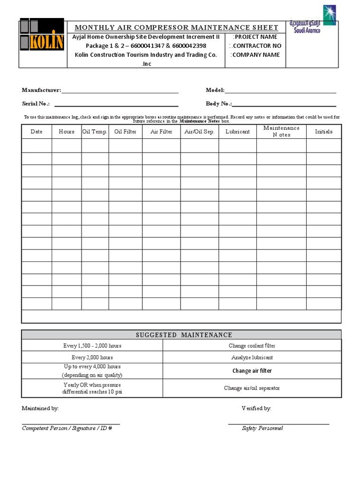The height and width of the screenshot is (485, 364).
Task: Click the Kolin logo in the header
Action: click(42, 35)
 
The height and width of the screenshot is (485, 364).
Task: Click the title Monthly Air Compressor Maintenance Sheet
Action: click(176, 27)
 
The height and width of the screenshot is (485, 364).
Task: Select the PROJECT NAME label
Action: click(255, 37)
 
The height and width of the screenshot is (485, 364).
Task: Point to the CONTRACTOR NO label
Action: click(255, 46)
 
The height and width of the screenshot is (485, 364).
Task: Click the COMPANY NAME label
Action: click(255, 55)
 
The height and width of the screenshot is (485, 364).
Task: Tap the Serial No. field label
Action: click(36, 104)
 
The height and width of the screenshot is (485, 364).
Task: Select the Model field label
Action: click(215, 90)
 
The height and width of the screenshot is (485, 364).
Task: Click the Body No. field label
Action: click(218, 104)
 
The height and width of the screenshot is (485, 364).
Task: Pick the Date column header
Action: click(36, 132)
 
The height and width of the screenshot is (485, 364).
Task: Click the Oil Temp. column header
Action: click(95, 132)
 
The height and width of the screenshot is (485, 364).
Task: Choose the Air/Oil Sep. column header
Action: click(199, 132)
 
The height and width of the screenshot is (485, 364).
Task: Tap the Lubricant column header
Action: click(237, 132)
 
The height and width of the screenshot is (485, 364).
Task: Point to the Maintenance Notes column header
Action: click(282, 131)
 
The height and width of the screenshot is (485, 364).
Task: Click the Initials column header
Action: click(324, 132)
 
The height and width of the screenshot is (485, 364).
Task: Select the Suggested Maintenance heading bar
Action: click(181, 335)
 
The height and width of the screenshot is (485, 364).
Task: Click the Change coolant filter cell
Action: click(252, 346)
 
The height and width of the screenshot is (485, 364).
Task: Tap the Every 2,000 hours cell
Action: click(92, 358)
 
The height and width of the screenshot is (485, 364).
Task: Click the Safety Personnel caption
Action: click(262, 428)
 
